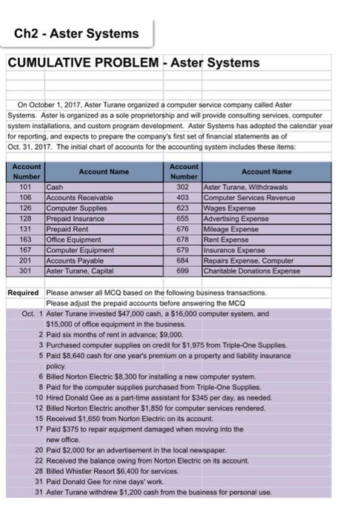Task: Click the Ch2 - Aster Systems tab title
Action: pos(77,33)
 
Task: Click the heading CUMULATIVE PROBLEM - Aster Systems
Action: pos(133,63)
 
